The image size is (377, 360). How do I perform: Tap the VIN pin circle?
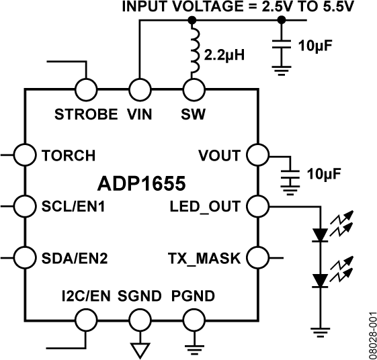tap(140, 89)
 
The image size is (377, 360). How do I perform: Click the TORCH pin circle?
tap(25, 154)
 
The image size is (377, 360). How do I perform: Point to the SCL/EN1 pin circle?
tap(25, 205)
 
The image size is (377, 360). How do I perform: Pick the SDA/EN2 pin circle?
tap(25, 256)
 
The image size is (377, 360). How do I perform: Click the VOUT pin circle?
tap(257, 154)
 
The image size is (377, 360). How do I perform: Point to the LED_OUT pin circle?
tap(257, 205)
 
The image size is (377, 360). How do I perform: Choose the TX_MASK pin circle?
tap(257, 256)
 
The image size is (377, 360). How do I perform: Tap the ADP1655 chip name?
tap(142, 182)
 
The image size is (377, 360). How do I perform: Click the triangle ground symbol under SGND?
tap(140, 349)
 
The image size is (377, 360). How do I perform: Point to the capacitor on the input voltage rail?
tap(282, 46)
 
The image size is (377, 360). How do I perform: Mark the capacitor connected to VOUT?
tap(290, 175)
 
